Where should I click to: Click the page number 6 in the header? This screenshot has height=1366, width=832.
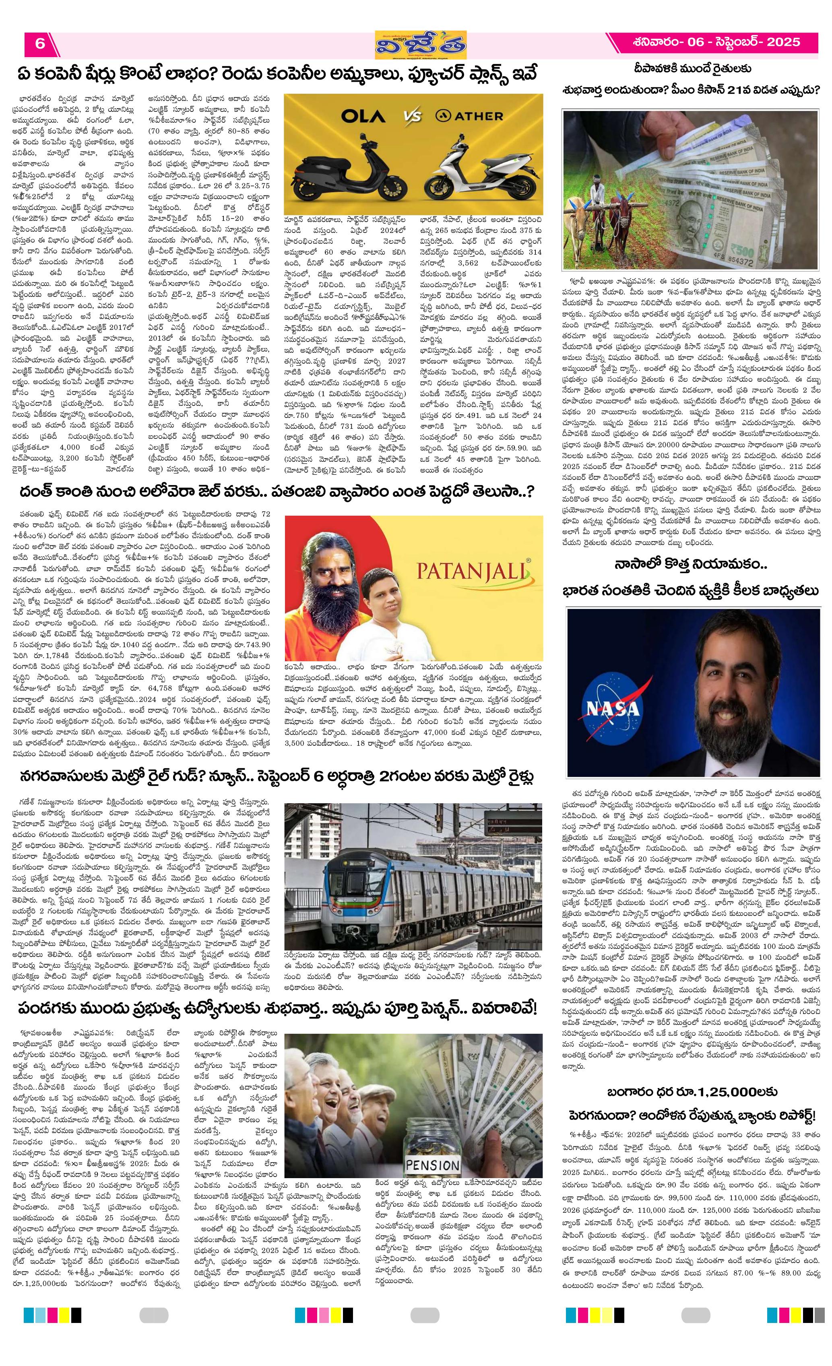coord(39,43)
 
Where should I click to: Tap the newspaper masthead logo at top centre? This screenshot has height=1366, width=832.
coord(421,44)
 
